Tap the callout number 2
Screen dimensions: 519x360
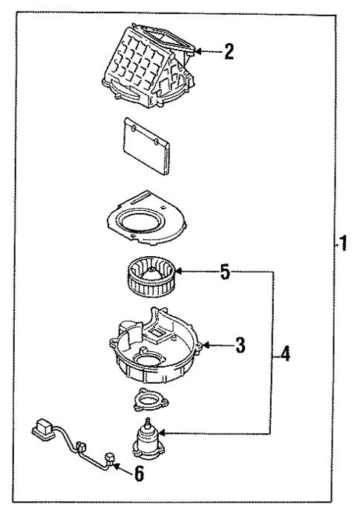click(x=229, y=51)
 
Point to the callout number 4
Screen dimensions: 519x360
click(x=285, y=354)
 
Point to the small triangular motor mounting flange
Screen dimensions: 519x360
click(x=145, y=400)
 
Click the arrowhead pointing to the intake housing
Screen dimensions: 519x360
click(x=198, y=51)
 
